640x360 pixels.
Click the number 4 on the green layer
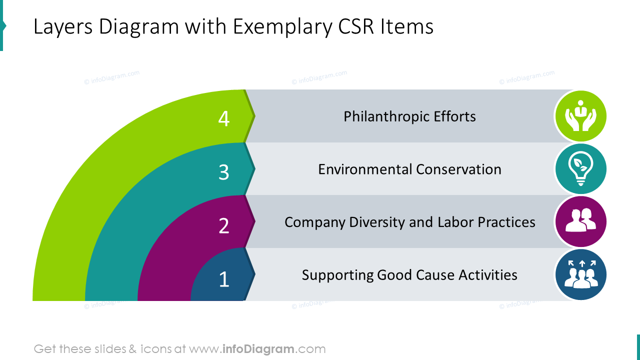click(x=224, y=118)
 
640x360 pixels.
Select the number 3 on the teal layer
click(x=224, y=172)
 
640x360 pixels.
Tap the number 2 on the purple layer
click(x=224, y=225)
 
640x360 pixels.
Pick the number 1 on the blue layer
click(x=224, y=279)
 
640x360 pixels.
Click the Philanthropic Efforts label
click(x=409, y=116)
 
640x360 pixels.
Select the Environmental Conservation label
click(x=409, y=169)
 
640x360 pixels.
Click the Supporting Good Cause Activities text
click(x=409, y=275)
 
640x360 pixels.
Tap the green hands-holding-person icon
click(x=580, y=116)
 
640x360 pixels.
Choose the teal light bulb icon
click(x=580, y=169)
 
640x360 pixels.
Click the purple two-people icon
click(x=580, y=221)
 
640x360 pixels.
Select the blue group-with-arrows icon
click(x=580, y=274)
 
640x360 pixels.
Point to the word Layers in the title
click(x=63, y=27)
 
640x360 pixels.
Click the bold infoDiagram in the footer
click(x=257, y=349)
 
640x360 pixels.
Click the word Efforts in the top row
click(x=454, y=116)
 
